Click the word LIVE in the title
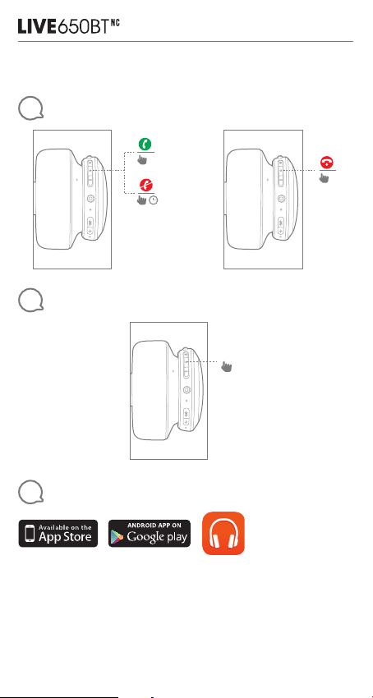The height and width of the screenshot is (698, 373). (x=38, y=26)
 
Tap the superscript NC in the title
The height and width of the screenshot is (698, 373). (x=114, y=22)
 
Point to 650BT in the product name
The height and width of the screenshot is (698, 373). (x=83, y=26)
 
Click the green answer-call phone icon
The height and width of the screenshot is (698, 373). (x=145, y=145)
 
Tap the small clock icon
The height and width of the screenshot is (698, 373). (x=154, y=200)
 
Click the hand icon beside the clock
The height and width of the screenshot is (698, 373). (x=142, y=200)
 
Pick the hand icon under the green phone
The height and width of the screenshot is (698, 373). (x=143, y=158)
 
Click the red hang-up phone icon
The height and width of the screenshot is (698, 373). (x=328, y=162)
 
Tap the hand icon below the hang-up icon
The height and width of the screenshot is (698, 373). (x=325, y=178)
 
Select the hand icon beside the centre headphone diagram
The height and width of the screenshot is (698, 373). (x=227, y=366)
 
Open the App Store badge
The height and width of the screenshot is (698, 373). (x=58, y=533)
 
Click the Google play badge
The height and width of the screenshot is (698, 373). (x=150, y=533)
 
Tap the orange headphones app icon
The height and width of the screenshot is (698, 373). (x=223, y=533)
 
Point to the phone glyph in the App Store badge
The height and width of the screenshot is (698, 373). (x=30, y=534)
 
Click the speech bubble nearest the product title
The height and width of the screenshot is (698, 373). (x=30, y=109)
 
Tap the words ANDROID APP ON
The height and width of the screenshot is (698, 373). (x=154, y=526)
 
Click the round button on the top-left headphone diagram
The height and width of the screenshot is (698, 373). (x=91, y=199)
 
